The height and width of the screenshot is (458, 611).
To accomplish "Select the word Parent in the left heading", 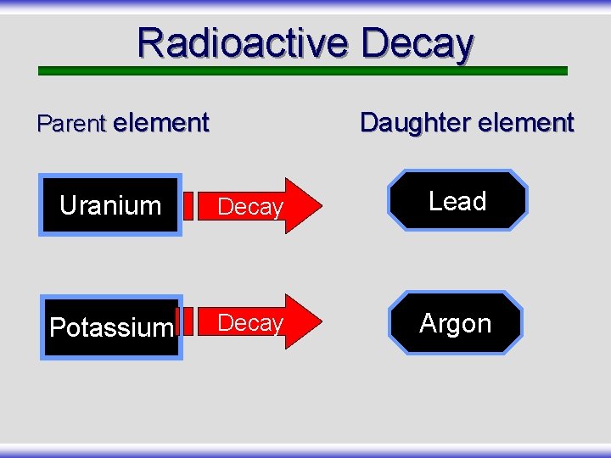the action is point(71,124).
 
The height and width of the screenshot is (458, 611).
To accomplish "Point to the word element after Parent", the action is point(160,123).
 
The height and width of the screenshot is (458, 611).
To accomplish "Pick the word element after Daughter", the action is point(525,123).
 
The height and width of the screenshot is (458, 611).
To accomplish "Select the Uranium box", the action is point(110,205).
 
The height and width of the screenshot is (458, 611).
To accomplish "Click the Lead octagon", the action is point(457,201).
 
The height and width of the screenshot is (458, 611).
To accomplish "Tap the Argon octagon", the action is point(456,323).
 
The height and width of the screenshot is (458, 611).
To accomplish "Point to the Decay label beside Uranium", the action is point(249,207).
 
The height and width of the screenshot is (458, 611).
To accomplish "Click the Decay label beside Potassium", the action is point(249,323).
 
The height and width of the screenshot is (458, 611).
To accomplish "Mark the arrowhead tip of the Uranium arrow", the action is point(322,205).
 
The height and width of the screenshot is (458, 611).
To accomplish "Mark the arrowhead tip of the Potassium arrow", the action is point(322,321).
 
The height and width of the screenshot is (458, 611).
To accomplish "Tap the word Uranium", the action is point(110,205).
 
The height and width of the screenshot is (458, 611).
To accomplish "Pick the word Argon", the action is point(456,324).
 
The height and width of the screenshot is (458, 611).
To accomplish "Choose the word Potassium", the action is point(111,328).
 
